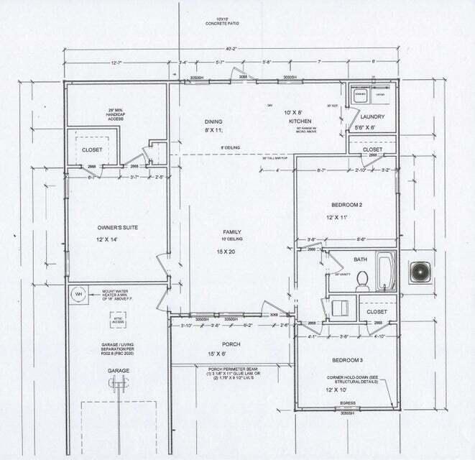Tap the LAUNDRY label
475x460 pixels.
[x=373, y=116]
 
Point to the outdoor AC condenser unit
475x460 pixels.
[x=419, y=272]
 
